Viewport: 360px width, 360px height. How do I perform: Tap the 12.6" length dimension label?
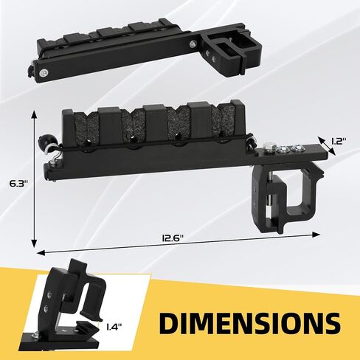(x=173, y=238)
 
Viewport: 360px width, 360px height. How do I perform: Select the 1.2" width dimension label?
(x=339, y=142)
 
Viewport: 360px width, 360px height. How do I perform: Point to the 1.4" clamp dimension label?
(x=114, y=327)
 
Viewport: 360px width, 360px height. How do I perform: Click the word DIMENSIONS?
(x=250, y=322)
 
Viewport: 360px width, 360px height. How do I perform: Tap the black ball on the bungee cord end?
(x=45, y=140)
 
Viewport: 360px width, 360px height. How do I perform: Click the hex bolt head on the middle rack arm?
(x=269, y=148)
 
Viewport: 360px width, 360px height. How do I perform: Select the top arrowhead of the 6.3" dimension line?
(x=34, y=115)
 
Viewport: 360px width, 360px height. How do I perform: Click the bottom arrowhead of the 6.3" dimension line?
(x=34, y=243)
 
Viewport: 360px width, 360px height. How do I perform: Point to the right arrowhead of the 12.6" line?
(x=316, y=235)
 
